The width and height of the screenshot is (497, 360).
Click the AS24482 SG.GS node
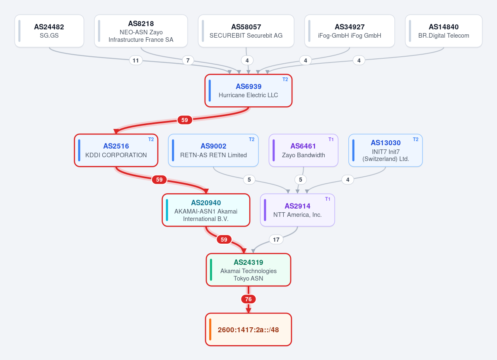[x=49, y=31]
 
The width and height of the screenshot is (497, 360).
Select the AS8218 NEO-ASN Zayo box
[x=141, y=31]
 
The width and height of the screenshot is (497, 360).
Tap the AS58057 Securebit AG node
[x=246, y=31]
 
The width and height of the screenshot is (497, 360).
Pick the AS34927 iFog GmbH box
[x=350, y=31]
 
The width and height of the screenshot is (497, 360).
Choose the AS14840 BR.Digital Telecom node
[x=444, y=31]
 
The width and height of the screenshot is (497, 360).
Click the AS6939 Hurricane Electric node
[x=248, y=91]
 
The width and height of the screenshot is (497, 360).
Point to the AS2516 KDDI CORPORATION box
[x=116, y=150]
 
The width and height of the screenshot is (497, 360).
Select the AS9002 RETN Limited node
[x=213, y=150]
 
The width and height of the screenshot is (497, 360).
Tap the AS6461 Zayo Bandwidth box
[x=303, y=150]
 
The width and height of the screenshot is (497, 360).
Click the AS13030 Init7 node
[x=386, y=150]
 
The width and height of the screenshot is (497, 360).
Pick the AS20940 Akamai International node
[x=206, y=210]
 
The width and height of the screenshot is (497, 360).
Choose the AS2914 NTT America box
[x=297, y=210]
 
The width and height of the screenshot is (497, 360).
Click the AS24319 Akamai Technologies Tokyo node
[x=248, y=270]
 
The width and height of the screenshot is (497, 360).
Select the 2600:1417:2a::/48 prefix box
[x=248, y=329]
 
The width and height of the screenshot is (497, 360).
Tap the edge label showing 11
[x=135, y=60]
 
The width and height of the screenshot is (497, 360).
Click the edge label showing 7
[x=188, y=60]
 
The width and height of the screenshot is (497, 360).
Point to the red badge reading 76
[x=248, y=299]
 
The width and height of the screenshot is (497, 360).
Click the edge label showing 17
[x=276, y=240]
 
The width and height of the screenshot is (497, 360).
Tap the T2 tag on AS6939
[x=285, y=79]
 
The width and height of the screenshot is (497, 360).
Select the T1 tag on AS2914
[x=328, y=199]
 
